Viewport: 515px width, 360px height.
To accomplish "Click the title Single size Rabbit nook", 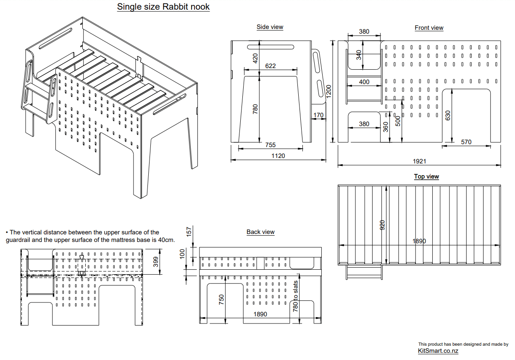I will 163,7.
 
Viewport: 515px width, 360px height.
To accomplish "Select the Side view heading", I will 270,27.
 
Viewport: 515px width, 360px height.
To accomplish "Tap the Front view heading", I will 429,28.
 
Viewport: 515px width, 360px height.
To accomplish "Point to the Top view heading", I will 426,176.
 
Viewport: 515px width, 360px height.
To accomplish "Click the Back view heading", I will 260,232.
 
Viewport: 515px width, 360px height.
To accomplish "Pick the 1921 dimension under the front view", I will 419,161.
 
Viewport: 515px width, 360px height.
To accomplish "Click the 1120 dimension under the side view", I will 278,156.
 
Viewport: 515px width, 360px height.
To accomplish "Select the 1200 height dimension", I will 329,90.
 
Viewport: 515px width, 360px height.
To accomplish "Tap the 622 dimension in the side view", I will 271,66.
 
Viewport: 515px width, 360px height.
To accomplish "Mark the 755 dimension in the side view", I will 271,145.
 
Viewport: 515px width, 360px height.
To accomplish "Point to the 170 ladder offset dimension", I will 318,115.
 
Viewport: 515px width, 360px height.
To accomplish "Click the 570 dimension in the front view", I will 466,142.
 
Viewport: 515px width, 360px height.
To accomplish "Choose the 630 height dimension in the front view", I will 448,116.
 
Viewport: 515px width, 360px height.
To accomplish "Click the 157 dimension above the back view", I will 189,231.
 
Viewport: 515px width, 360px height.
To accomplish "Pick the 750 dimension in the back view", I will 222,299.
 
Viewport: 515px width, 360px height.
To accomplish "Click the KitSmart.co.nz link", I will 438,351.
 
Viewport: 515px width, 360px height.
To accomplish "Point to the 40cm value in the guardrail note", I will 167,240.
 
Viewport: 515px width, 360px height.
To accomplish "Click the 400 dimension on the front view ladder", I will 364,82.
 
